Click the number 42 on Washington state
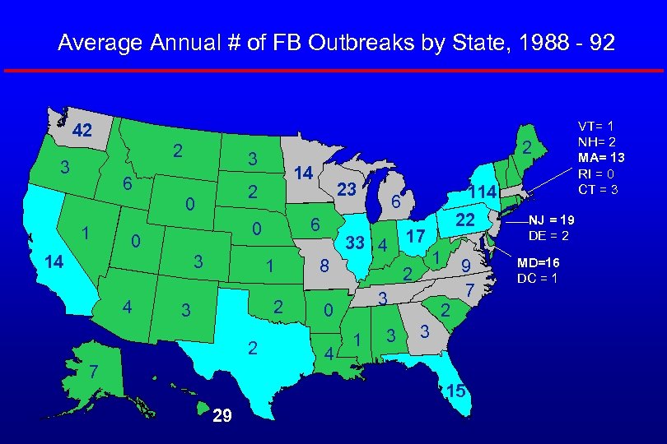pyautogui.click(x=82, y=131)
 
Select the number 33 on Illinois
pyautogui.click(x=356, y=243)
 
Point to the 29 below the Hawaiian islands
pyautogui.click(x=221, y=417)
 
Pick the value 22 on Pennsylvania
pyautogui.click(x=467, y=221)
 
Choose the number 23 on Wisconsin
pyautogui.click(x=346, y=189)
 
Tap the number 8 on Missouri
pyautogui.click(x=325, y=266)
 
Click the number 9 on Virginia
pyautogui.click(x=466, y=266)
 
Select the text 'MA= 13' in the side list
pyautogui.click(x=601, y=158)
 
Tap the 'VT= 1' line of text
pyautogui.click(x=595, y=126)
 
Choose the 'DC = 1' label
pyautogui.click(x=538, y=278)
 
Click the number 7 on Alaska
pyautogui.click(x=96, y=372)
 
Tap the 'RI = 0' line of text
pyautogui.click(x=597, y=173)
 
